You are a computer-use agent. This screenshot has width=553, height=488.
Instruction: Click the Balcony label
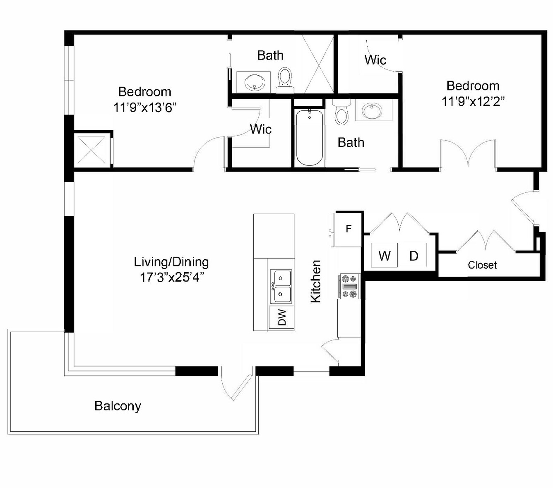click(118, 406)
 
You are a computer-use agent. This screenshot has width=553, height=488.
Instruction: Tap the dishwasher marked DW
click(281, 318)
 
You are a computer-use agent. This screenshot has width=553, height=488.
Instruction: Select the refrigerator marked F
click(348, 229)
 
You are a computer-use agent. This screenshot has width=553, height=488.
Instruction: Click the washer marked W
click(384, 256)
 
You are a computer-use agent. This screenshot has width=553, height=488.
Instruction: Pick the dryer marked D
click(414, 256)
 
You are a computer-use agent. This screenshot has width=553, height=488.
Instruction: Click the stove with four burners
click(349, 286)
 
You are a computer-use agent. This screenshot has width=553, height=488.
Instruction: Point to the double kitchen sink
click(281, 286)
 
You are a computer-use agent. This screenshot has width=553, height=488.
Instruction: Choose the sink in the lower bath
click(373, 110)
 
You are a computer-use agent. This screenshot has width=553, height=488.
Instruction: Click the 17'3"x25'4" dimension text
click(172, 278)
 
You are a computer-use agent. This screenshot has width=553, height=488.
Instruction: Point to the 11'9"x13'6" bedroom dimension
click(144, 108)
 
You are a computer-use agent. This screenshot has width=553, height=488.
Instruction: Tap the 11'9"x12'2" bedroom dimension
click(473, 102)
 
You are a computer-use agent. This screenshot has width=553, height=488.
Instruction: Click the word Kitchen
click(316, 281)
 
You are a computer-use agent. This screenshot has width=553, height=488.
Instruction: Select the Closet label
click(482, 265)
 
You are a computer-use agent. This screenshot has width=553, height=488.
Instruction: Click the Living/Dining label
click(171, 262)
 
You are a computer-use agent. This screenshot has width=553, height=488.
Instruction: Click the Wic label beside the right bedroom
click(375, 60)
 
